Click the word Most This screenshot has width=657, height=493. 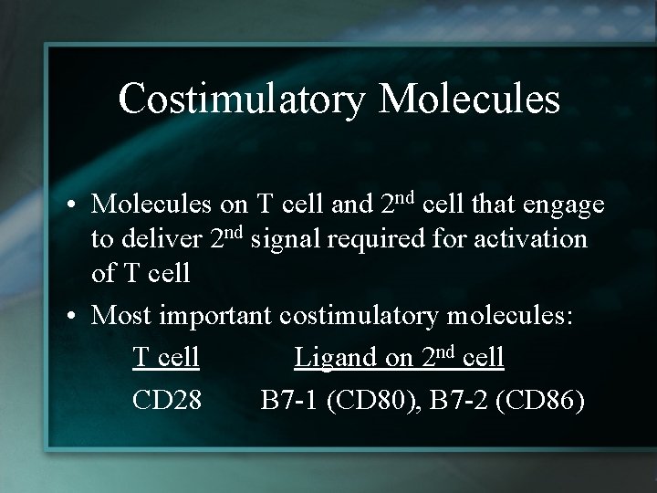point(123,316)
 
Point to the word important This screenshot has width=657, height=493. point(216,316)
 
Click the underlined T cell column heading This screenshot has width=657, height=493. point(165,357)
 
